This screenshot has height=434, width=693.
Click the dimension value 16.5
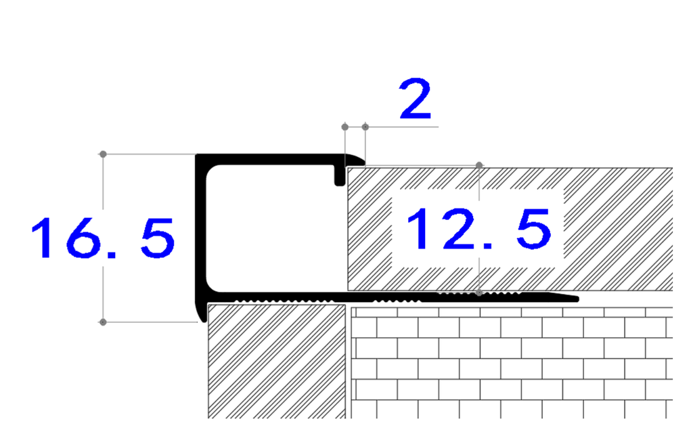pyautogui.click(x=103, y=238)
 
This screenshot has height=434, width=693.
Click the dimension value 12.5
pyautogui.click(x=478, y=228)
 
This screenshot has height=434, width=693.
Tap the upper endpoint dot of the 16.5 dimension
pyautogui.click(x=103, y=154)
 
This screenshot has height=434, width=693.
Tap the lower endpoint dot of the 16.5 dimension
pyautogui.click(x=103, y=322)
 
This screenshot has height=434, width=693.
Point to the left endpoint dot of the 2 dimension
pyautogui.click(x=345, y=127)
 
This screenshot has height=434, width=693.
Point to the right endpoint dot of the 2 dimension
pyautogui.click(x=365, y=127)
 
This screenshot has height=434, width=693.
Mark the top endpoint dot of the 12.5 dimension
pyautogui.click(x=479, y=165)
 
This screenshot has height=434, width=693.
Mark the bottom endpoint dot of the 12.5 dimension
pyautogui.click(x=479, y=292)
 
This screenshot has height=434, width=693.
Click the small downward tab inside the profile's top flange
pyautogui.click(x=340, y=175)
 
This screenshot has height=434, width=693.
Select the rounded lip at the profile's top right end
pyautogui.click(x=355, y=160)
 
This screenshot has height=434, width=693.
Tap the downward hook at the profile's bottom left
pyautogui.click(x=201, y=312)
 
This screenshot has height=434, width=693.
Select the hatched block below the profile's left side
pyautogui.click(x=277, y=361)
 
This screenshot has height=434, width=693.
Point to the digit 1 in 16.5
pyautogui.click(x=45, y=238)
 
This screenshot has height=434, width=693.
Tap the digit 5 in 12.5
pyautogui.click(x=535, y=228)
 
